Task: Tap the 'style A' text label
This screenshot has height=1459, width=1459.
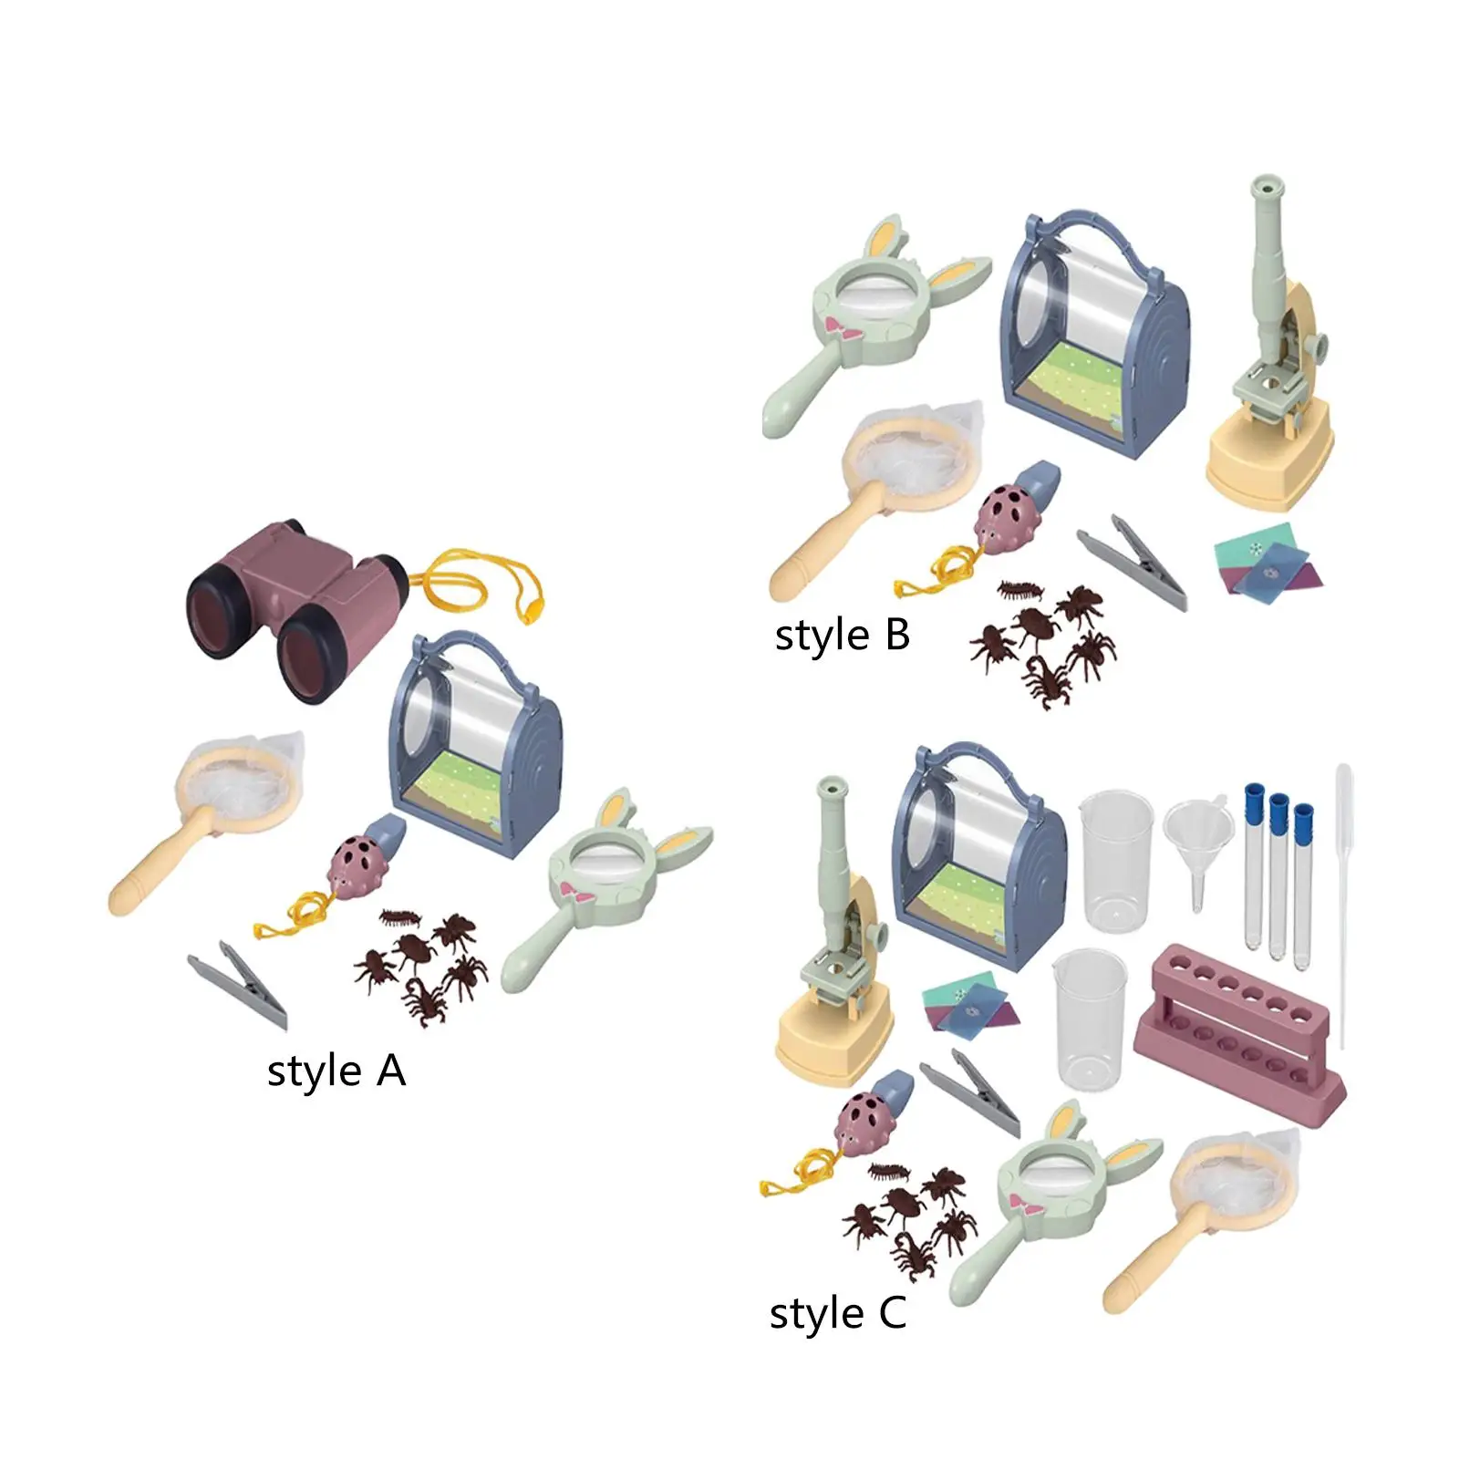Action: pos(336,1071)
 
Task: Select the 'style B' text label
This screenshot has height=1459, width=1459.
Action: pos(843,636)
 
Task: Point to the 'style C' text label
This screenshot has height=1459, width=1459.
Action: pos(838,1314)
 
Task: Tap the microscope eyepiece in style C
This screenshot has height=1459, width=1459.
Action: pos(833,793)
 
